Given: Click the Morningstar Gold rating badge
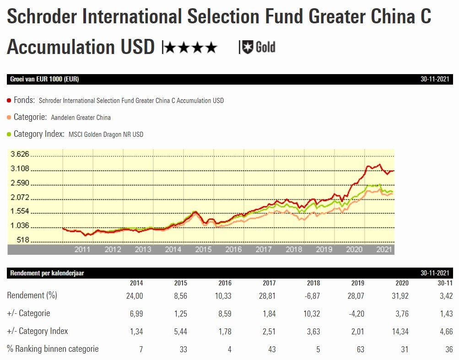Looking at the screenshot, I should [259, 47].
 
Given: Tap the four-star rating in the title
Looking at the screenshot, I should [190, 48].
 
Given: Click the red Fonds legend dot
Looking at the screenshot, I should [9, 100].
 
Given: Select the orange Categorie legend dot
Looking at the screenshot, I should [9, 118].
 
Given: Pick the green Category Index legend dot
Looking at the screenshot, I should [9, 134].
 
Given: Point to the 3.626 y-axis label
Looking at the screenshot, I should [20, 154].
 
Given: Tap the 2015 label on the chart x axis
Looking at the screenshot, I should [203, 249].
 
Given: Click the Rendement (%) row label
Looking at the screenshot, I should [32, 296].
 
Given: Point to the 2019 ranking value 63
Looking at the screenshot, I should [360, 349].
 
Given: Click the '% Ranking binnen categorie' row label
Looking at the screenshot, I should [53, 349].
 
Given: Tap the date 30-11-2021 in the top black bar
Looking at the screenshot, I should [436, 79].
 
